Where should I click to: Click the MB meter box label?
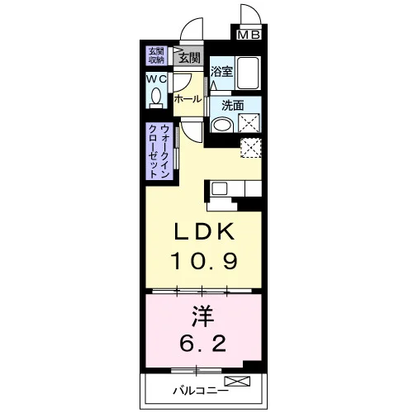point(249,35)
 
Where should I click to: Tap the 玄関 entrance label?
point(189,58)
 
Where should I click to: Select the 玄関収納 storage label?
point(156,55)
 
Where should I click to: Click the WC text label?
point(156,79)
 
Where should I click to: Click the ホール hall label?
point(188,99)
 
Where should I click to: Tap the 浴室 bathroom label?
point(221,72)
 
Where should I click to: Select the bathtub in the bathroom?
point(248,73)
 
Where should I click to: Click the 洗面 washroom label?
point(233,106)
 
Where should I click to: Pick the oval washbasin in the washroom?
point(222,125)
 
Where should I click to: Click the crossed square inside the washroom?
point(249,123)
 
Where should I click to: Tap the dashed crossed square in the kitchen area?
point(251,148)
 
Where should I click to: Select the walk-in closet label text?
point(159,151)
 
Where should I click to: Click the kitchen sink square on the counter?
point(219,188)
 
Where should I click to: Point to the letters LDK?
point(204,231)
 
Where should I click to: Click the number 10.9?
point(204,261)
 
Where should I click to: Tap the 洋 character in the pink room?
point(203,316)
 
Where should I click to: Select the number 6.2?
point(203,343)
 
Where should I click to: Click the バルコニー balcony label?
point(201,391)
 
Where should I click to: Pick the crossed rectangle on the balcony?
point(237,381)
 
